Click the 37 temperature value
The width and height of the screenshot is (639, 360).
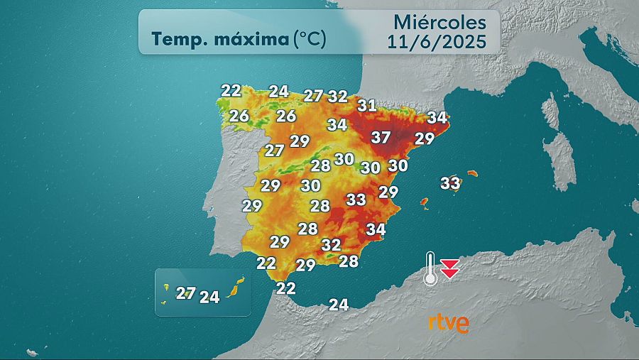[x=381, y=137]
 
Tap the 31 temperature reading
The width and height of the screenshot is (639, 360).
[x=366, y=105]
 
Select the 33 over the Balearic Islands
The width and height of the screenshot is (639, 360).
[x=450, y=182]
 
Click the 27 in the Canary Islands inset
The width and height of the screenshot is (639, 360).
[x=186, y=293]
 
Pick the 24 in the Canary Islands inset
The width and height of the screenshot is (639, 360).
[x=209, y=297]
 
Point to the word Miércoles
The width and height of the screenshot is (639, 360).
[x=439, y=22]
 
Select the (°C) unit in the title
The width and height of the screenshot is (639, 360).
[x=310, y=38]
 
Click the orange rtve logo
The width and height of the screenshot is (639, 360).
[x=448, y=322]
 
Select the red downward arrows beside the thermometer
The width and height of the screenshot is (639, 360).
[x=449, y=268]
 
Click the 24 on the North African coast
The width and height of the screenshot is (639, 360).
[x=339, y=305]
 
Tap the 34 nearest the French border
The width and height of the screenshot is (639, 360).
[x=437, y=117]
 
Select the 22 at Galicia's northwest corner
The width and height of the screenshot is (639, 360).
[x=231, y=90]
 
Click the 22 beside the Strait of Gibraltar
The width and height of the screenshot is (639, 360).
[x=285, y=288]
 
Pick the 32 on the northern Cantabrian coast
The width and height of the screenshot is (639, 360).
[x=338, y=96]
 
